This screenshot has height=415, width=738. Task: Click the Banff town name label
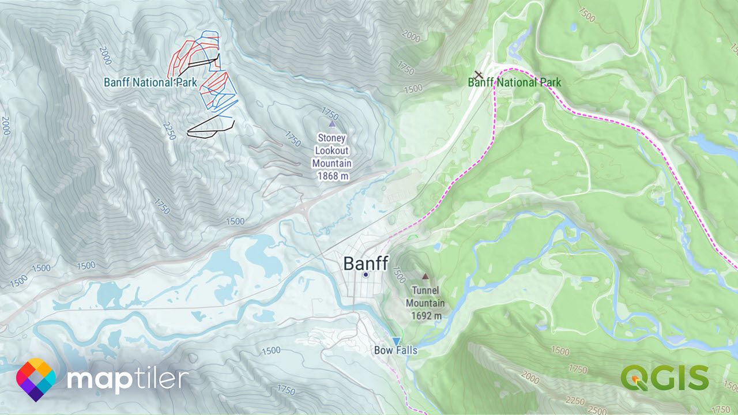366,263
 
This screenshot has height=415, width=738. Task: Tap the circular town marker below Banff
366,275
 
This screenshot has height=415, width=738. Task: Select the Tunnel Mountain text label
425,297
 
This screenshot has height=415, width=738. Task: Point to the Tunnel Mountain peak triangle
426,277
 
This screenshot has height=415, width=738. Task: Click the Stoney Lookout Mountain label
332,151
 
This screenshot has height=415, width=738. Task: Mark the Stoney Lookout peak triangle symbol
332,123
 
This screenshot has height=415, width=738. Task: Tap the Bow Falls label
396,350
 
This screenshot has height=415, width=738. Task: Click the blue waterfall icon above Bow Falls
396,341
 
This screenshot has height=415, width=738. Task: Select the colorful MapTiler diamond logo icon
36,380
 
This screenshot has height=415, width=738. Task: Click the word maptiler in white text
127,380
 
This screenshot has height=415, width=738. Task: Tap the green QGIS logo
664,378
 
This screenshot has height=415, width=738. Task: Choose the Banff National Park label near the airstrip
514,82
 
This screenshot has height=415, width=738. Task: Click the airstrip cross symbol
479,74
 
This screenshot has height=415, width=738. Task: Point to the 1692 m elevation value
426,316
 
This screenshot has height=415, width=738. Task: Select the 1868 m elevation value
332,176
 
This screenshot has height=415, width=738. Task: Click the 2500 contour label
598,409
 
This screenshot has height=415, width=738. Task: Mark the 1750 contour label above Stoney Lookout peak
330,111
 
